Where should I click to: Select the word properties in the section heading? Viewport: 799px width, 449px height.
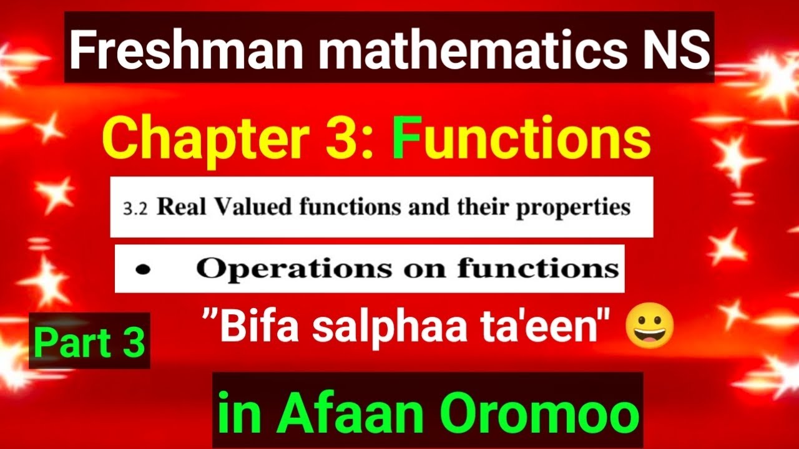pos(573,208)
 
